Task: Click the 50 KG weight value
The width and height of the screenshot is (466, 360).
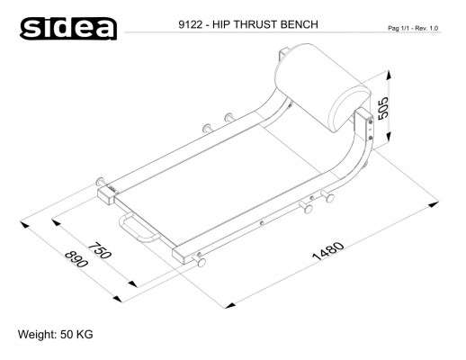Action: point(76,335)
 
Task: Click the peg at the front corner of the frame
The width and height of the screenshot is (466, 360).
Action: point(200,264)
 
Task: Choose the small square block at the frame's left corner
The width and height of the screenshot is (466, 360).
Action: point(105,193)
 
